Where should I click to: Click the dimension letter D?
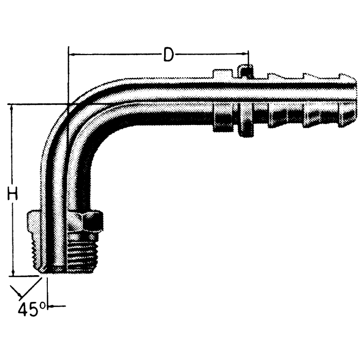[x=168, y=55]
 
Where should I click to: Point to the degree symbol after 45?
[x=44, y=305]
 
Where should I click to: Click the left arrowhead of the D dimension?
[x=71, y=54]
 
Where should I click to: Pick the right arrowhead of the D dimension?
[x=245, y=54]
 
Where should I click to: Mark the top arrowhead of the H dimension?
[x=14, y=107]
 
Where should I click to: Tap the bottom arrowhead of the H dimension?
[x=14, y=273]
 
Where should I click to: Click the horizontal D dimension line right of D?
[x=211, y=54]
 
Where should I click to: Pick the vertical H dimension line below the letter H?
[x=14, y=237]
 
